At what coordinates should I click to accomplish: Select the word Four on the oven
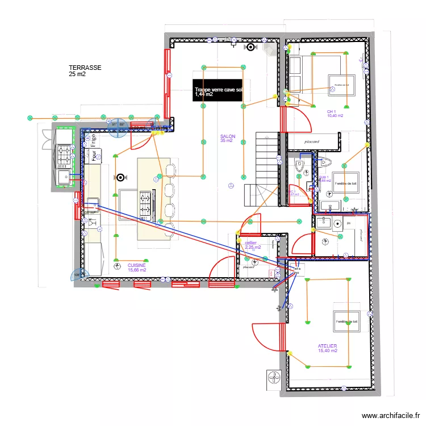[x=89, y=155]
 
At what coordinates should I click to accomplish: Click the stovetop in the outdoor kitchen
[x=64, y=153]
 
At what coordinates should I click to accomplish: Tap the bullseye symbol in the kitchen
[x=121, y=177]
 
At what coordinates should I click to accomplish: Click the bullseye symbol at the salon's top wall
[x=249, y=47]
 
